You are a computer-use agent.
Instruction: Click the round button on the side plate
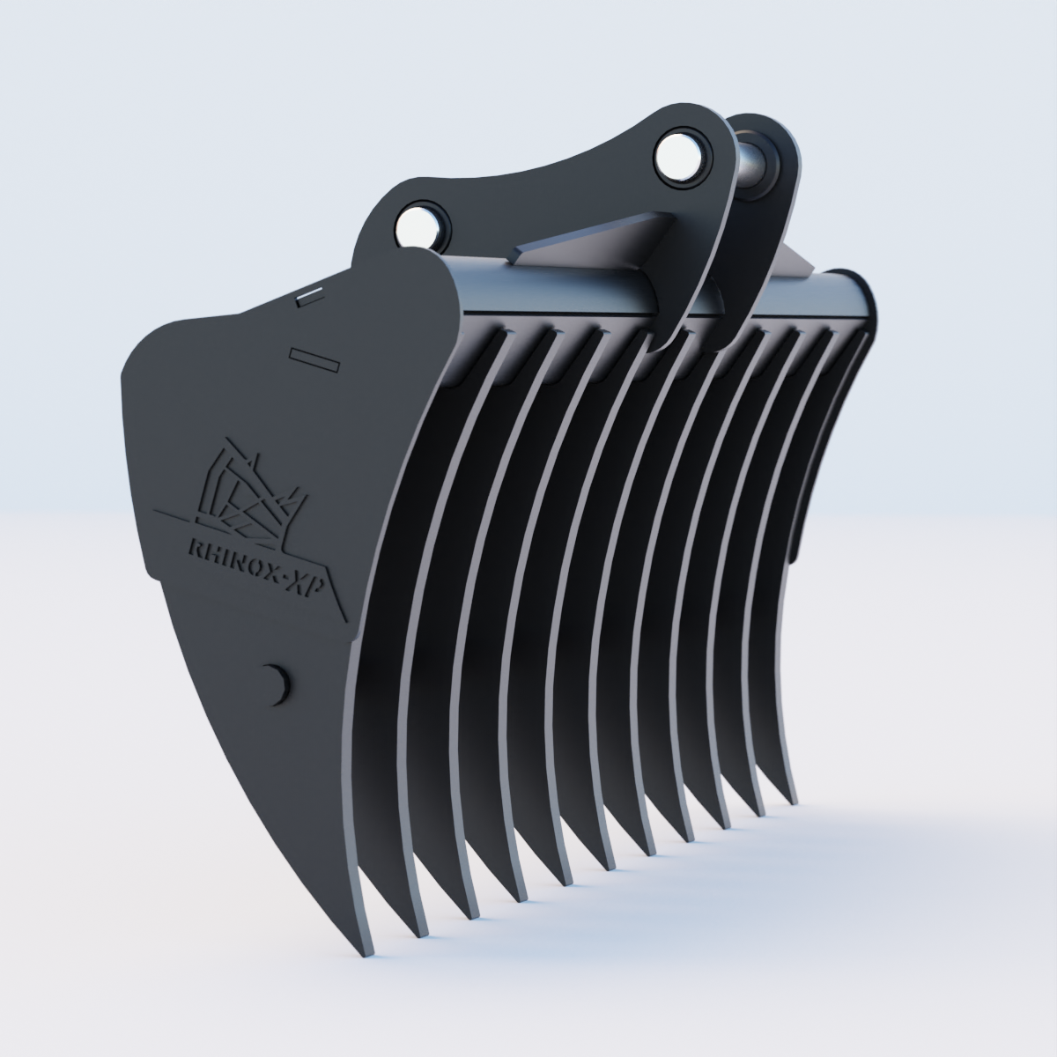tap(278, 683)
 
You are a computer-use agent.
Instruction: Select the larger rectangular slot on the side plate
tap(314, 357)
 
